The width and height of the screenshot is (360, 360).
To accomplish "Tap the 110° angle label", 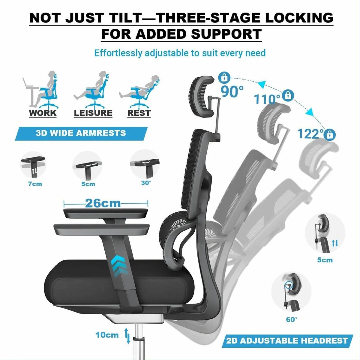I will (x=267, y=99).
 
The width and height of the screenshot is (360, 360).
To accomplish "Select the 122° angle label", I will (x=310, y=134).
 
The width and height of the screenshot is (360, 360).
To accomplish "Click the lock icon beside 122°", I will (x=330, y=134).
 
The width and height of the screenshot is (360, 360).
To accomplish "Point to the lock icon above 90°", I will (x=224, y=78).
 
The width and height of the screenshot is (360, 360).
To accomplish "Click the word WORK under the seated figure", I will (x=43, y=113).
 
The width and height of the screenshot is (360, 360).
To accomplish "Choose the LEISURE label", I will (x=93, y=113).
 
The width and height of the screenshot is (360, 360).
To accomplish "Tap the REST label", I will (x=139, y=113).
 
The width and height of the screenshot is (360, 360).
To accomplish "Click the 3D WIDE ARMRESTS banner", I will (x=81, y=133).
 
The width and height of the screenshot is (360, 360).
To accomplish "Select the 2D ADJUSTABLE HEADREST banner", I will (x=287, y=340).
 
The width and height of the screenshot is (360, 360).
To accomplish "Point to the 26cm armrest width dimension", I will (x=103, y=203).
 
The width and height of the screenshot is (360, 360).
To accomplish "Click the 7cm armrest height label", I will (x=35, y=184).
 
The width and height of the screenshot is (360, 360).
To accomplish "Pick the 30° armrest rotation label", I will (x=146, y=183).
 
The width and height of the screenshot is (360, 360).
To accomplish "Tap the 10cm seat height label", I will (x=107, y=335).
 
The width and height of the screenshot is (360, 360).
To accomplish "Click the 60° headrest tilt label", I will (x=292, y=319).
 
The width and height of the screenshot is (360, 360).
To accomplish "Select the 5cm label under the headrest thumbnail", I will (x=325, y=260).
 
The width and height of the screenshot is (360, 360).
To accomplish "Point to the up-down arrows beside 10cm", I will (x=128, y=336).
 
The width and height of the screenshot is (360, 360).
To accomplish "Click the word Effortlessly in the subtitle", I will (x=118, y=53).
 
